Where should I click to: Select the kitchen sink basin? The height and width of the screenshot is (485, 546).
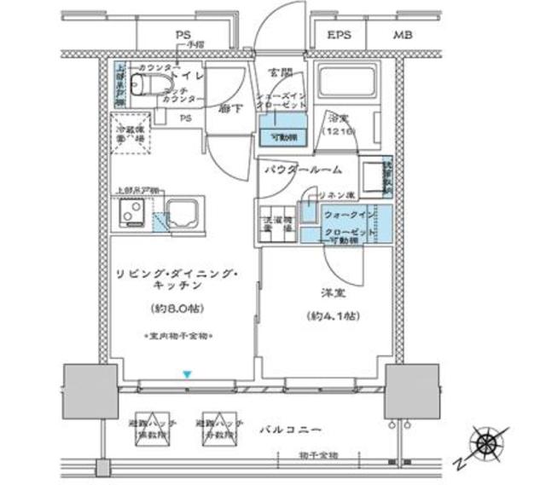pyautogui.click(x=183, y=211)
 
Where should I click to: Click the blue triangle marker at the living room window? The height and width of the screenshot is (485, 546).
pyautogui.click(x=186, y=373)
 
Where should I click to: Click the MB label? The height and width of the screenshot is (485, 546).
pyautogui.click(x=400, y=37)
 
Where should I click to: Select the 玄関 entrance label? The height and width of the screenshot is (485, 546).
pyautogui.click(x=279, y=72)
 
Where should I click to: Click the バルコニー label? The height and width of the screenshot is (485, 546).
pyautogui.click(x=291, y=428)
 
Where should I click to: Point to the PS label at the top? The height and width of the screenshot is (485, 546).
pyautogui.click(x=183, y=34)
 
